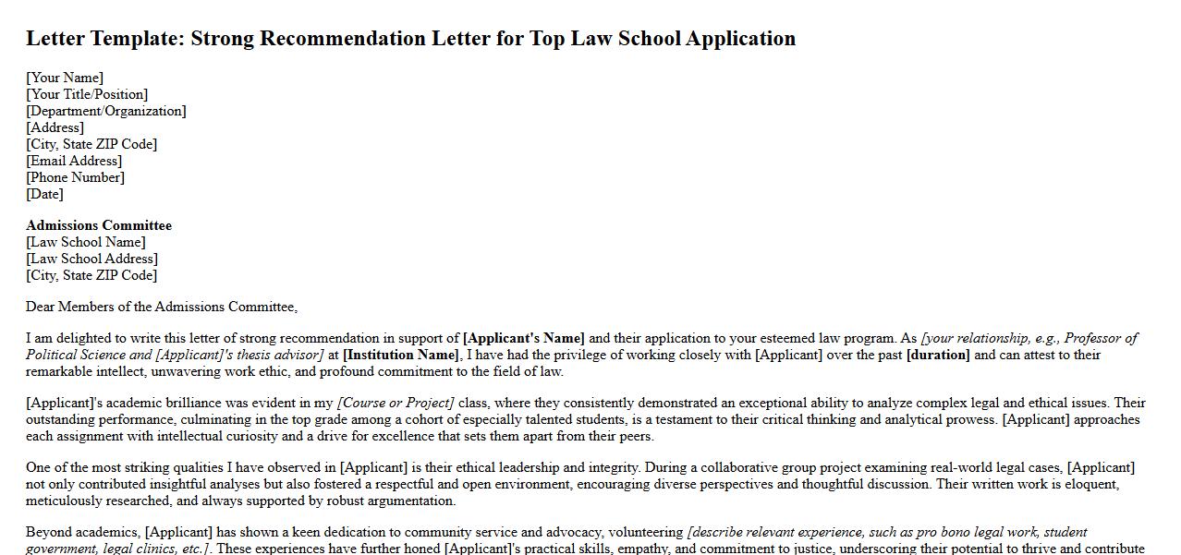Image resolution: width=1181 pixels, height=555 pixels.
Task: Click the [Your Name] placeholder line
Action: [x=65, y=78]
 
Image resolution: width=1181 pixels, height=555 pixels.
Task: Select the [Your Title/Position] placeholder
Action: [x=87, y=94]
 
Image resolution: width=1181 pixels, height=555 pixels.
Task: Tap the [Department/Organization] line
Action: [x=106, y=111]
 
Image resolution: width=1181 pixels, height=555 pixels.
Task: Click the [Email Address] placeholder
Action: [x=74, y=161]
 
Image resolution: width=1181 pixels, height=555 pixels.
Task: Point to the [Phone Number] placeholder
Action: [x=75, y=177]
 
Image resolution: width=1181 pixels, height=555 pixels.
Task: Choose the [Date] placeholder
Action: [x=44, y=194]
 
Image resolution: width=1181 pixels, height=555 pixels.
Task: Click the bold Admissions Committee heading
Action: [x=99, y=225]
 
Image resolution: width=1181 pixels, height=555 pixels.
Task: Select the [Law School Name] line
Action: [x=86, y=242]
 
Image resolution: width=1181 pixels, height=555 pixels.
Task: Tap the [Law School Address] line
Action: [x=91, y=259]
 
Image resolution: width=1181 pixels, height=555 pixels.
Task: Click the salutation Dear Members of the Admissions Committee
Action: [x=162, y=307]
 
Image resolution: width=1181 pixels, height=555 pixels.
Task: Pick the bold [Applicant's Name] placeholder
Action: [x=524, y=338]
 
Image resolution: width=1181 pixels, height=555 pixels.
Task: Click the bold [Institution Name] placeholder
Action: [x=401, y=355]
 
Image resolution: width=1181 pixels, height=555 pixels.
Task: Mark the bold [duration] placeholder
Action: [x=938, y=355]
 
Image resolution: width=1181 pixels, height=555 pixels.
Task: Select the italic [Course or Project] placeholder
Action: [x=396, y=403]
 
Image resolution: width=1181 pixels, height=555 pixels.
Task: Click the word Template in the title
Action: [x=140, y=39]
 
